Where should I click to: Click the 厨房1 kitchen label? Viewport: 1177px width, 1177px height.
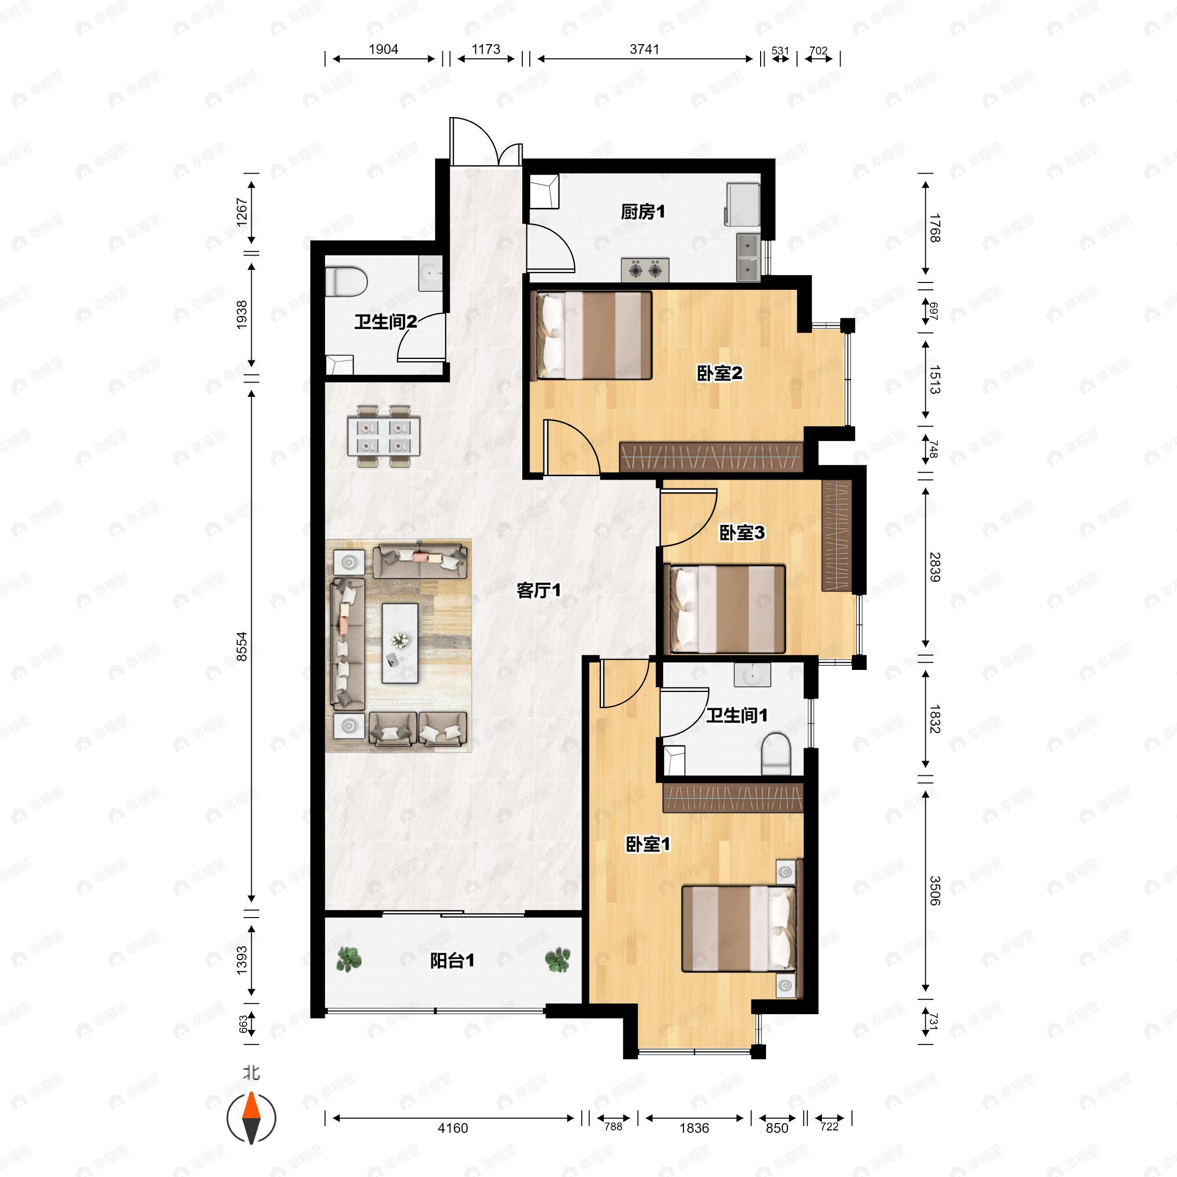pos(643,212)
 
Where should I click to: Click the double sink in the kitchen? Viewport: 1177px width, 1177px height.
pos(747,257)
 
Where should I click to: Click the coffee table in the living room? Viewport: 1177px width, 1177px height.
pos(400,643)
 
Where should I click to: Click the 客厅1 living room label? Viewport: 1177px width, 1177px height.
pos(538,589)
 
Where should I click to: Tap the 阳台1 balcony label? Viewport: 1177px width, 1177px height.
pos(452,961)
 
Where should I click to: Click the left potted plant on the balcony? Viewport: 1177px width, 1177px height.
pos(349,960)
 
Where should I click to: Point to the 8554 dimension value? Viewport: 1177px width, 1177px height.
pos(242,646)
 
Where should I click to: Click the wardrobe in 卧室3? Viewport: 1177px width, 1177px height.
pos(837,536)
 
